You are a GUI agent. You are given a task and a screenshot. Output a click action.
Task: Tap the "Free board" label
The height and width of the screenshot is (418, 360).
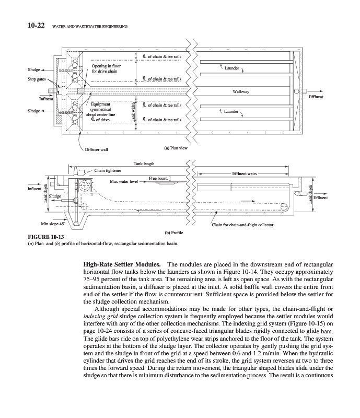[x=158, y=179]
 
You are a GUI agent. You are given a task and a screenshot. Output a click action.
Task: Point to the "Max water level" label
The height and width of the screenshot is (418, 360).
[x=124, y=181]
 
